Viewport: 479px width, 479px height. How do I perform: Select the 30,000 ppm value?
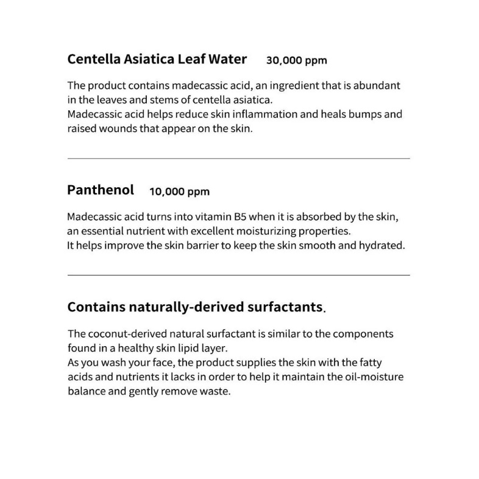(x=297, y=60)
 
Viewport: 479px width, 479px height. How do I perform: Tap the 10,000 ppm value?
(x=179, y=191)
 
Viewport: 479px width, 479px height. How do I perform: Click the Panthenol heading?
(x=101, y=190)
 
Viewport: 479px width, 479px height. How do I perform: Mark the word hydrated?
(x=383, y=246)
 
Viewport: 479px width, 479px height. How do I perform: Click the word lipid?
(x=181, y=349)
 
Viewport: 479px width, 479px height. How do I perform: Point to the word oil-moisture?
(x=372, y=377)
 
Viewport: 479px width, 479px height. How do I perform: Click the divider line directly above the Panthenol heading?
(x=238, y=158)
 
